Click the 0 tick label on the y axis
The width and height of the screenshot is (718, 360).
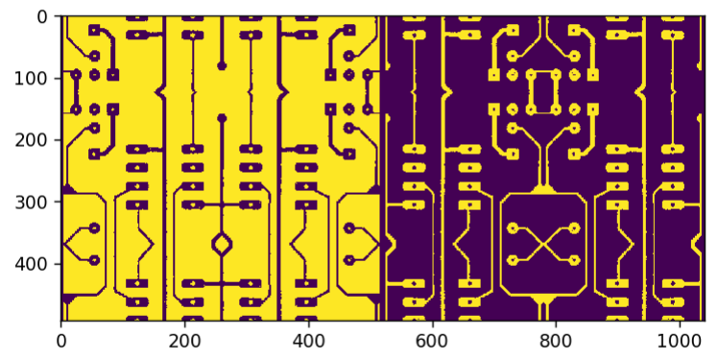[41, 17]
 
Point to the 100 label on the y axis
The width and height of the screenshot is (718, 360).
[31, 79]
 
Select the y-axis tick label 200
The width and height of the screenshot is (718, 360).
[31, 140]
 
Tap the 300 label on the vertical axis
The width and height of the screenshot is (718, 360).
[31, 203]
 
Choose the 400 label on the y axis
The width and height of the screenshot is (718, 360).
[31, 265]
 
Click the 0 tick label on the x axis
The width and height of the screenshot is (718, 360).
[60, 341]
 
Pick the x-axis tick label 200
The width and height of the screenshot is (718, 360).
[184, 341]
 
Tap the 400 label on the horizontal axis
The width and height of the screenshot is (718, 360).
[309, 341]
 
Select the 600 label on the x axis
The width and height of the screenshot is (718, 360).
[432, 341]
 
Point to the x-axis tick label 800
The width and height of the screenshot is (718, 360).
[556, 341]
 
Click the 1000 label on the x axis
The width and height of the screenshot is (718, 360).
[680, 341]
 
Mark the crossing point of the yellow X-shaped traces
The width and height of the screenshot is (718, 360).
[543, 244]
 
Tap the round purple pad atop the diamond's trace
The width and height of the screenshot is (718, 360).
[222, 119]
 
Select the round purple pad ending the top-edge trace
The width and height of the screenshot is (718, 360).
[222, 65]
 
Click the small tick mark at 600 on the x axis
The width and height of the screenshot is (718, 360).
[432, 323]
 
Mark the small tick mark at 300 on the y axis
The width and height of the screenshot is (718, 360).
[59, 202]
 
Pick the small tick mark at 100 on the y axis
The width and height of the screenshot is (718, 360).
[59, 79]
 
